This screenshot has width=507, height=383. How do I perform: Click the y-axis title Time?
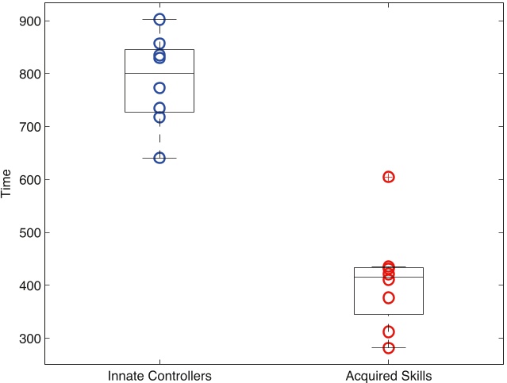pos(7,184)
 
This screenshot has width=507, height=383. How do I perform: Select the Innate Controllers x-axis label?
pos(159,375)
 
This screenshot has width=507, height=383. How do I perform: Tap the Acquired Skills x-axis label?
pos(389,375)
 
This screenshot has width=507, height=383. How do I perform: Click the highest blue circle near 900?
pos(159,19)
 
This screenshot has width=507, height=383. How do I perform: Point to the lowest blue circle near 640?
pos(159,158)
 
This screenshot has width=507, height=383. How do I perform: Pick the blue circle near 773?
pos(159,88)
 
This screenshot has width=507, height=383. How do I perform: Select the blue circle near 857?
pos(159,44)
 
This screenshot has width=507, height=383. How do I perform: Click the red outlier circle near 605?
pos(389,177)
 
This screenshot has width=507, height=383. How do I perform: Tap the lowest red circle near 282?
pos(389,348)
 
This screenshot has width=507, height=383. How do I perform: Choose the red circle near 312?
pos(389,332)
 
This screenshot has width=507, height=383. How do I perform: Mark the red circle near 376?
pos(389,298)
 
